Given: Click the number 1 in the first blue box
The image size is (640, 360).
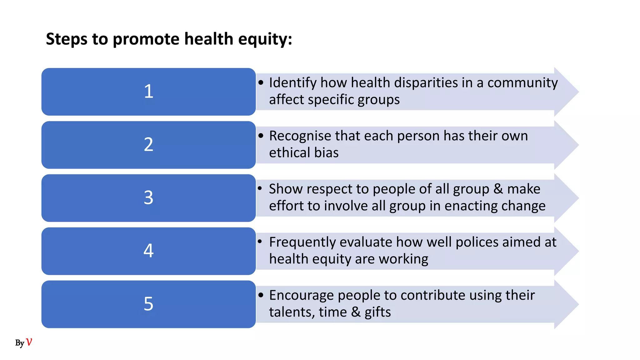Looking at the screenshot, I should [148, 92].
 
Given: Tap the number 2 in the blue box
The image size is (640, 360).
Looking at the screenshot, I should [148, 145].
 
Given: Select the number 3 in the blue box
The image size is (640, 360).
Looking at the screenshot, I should [148, 198].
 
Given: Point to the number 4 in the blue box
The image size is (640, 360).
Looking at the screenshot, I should [148, 251].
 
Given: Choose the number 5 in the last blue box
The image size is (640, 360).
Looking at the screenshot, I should [148, 304].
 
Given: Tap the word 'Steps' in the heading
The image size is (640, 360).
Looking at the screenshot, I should [67, 40].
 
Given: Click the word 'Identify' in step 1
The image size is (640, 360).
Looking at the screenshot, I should [293, 83].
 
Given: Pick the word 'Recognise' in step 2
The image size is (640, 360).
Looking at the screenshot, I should [300, 136].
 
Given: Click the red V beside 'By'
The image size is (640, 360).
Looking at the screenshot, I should [29, 342].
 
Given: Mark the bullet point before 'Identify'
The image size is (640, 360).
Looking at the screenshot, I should [261, 83].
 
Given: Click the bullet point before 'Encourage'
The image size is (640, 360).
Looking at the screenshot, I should [261, 295].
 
